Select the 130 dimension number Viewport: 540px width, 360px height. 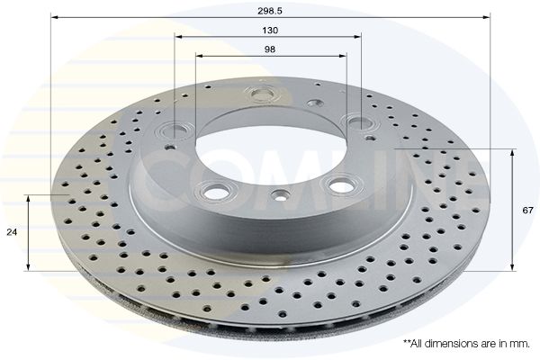(270, 30)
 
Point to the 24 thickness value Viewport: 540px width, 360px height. (12, 232)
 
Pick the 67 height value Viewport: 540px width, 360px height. (527, 210)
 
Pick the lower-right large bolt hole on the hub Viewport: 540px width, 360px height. (339, 184)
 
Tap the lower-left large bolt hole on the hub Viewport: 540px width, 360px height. (214, 191)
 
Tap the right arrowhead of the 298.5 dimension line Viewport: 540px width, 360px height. (487, 17)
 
